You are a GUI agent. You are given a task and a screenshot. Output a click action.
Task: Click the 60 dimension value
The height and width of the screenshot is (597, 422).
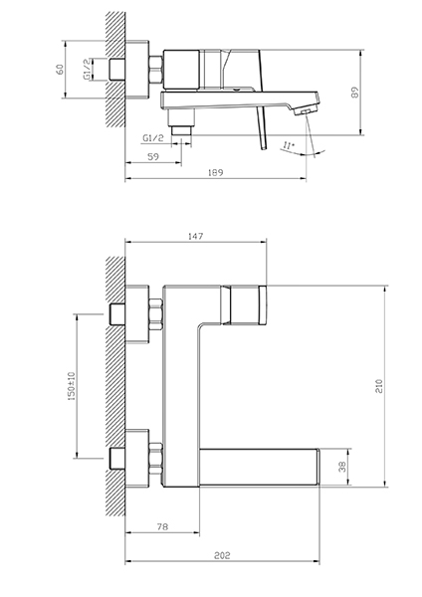[60, 70]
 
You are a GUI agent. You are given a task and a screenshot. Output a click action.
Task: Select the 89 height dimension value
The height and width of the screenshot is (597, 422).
[355, 93]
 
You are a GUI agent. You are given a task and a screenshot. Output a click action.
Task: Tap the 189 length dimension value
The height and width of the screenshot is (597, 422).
[216, 172]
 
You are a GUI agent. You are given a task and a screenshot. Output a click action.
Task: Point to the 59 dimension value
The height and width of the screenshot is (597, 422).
[153, 156]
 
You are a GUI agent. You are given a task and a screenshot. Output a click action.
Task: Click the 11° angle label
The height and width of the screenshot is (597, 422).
[289, 145]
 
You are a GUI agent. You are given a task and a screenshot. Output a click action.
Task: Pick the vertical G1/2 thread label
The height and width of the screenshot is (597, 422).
[88, 70]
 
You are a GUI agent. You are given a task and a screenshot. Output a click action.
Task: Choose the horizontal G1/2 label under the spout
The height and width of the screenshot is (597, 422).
[153, 138]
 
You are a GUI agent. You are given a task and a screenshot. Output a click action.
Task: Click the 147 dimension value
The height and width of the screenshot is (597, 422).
[196, 236]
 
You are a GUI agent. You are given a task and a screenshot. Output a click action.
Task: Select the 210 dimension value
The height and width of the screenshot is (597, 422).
[379, 386]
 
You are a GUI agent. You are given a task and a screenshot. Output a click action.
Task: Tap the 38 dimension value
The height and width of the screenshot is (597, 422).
[342, 467]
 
